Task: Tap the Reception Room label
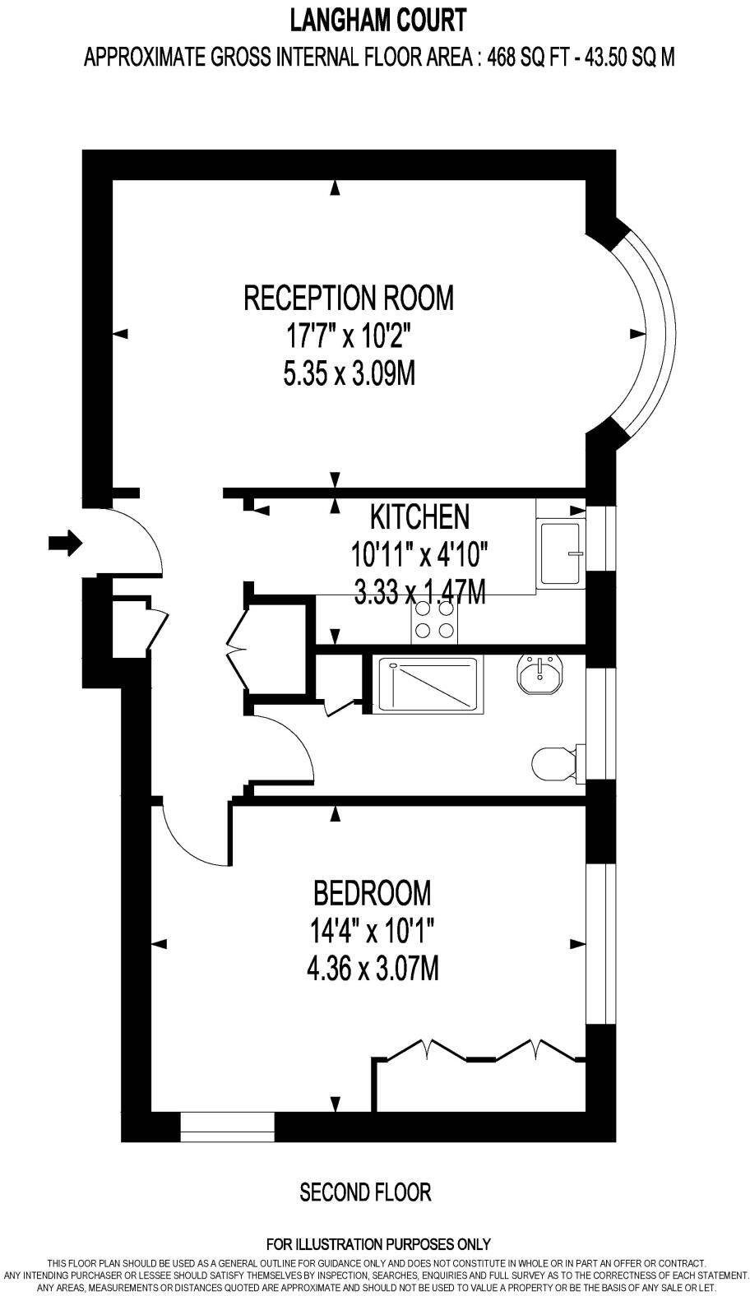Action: [x=349, y=297]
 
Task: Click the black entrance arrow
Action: [x=66, y=542]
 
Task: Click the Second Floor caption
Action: [x=365, y=1192]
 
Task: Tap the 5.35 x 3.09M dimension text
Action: [x=349, y=375]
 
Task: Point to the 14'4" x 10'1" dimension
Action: [x=372, y=932]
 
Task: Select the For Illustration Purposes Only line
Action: [x=378, y=1244]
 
